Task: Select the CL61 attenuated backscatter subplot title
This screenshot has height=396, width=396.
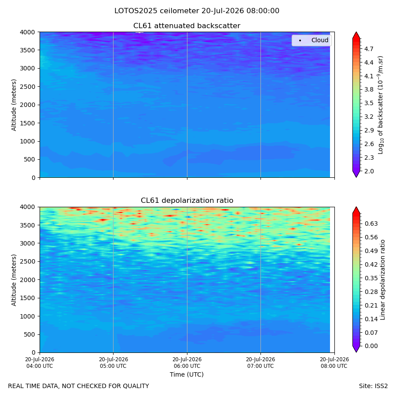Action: point(187,26)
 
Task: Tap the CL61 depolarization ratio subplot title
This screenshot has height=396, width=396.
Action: point(187,201)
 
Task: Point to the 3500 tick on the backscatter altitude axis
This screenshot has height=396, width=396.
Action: point(28,50)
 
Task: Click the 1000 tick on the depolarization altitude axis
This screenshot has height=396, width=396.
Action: point(28,316)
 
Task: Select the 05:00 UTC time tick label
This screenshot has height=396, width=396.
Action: point(113,363)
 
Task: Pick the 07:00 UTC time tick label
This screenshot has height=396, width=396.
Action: point(260,363)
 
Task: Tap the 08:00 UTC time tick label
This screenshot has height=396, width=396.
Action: point(334,363)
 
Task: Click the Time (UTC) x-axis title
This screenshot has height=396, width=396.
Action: point(187,374)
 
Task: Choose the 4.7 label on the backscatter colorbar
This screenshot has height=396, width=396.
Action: point(369,49)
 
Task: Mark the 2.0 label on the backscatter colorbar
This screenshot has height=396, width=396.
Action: point(369,171)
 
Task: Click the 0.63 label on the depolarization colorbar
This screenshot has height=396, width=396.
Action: point(371,224)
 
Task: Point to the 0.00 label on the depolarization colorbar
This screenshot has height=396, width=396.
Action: point(371,346)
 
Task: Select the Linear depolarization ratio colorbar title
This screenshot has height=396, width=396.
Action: point(382,280)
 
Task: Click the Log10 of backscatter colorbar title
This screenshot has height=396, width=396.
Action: point(380,105)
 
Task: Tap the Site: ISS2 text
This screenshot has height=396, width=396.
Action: point(373,386)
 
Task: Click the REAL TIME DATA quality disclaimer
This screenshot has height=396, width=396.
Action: point(79,386)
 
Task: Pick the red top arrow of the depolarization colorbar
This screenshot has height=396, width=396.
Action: point(356,210)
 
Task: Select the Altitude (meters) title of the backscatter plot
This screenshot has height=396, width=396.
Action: point(14,105)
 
